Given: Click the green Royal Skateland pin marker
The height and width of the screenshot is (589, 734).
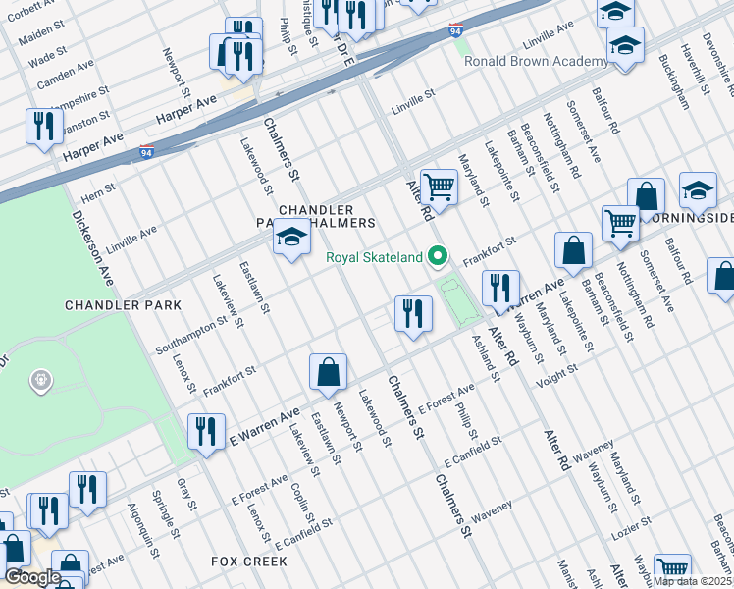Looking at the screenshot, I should tap(438, 258).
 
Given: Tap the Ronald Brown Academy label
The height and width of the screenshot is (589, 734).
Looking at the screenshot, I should tap(536, 61).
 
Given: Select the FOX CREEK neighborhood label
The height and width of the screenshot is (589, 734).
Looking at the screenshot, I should tap(249, 562).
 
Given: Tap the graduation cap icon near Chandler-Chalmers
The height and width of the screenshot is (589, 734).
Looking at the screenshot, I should tap(291, 237).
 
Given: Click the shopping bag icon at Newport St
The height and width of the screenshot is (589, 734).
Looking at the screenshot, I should tap(328, 372).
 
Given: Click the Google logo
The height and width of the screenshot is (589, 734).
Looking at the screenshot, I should tap(32, 577).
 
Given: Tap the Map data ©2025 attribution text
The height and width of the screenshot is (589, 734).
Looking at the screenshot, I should tap(693, 581).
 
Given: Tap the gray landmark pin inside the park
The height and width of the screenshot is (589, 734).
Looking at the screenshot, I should tap(40, 379).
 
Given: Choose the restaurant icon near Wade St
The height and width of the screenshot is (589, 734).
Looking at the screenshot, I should tap(42, 126).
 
